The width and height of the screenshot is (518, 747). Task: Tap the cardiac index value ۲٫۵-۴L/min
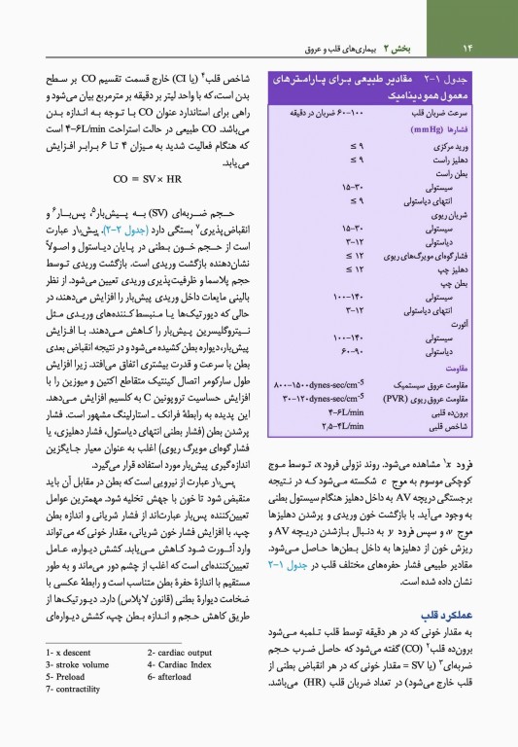click(x=308, y=423)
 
